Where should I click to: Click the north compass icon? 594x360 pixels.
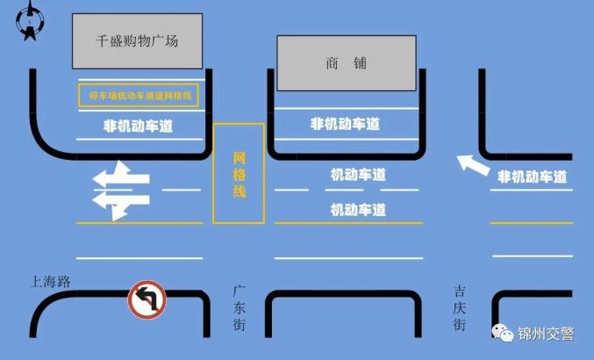click(30, 21)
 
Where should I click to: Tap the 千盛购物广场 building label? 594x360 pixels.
click(137, 41)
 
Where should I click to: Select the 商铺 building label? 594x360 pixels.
click(347, 63)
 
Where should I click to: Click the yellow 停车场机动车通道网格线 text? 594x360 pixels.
click(139, 96)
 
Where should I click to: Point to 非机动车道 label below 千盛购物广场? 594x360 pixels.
click(139, 126)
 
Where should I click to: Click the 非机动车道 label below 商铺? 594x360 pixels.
click(345, 124)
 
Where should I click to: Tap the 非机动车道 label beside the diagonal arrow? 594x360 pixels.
click(533, 176)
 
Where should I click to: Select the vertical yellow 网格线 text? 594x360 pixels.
click(240, 175)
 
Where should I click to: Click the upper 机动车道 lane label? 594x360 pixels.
click(358, 175)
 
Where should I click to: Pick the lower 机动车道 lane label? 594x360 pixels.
click(358, 210)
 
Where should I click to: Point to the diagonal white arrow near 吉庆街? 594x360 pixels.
click(473, 165)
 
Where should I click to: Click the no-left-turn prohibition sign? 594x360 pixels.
click(147, 299)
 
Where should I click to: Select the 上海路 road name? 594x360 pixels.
click(50, 282)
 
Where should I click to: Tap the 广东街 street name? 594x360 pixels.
click(239, 308)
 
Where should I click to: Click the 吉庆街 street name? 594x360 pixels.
click(460, 308)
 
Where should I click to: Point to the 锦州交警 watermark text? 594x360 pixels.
click(546, 334)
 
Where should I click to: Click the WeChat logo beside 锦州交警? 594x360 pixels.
click(503, 333)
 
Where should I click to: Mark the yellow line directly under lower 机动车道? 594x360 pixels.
click(348, 223)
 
